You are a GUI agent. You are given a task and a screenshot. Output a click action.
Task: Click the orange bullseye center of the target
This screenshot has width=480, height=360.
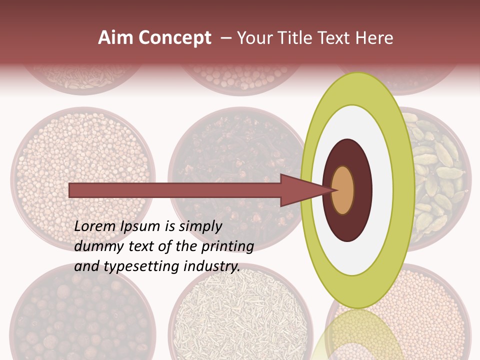coord(343,190)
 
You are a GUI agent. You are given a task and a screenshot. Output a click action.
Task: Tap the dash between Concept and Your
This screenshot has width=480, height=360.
coord(225,38)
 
